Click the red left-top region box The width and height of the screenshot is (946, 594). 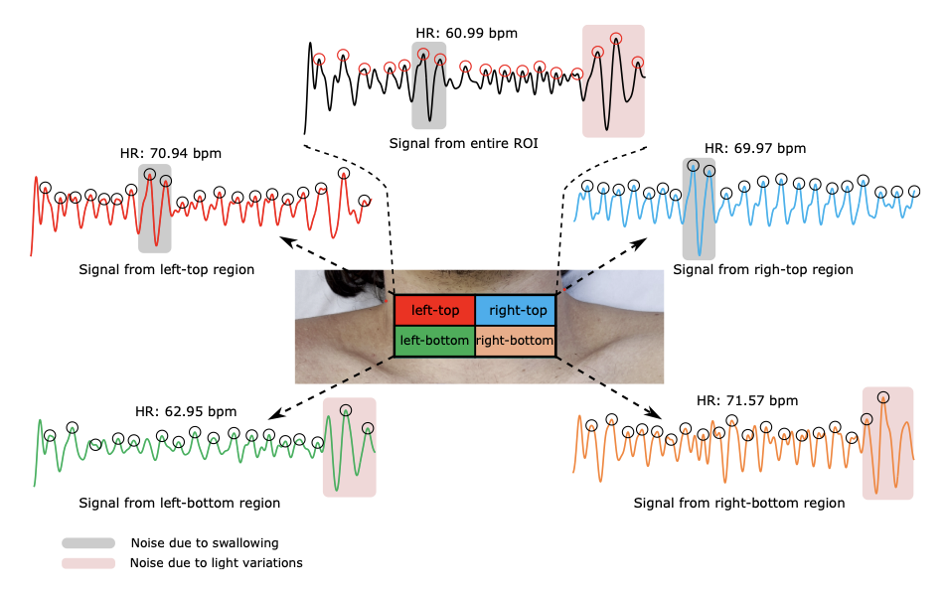pos(434,311)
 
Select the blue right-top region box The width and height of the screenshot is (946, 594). pos(515,311)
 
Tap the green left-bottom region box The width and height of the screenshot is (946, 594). pos(434,341)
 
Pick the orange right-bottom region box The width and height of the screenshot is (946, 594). pos(515,341)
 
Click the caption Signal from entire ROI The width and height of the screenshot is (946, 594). pos(464,144)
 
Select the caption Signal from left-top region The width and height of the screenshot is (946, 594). pos(166,269)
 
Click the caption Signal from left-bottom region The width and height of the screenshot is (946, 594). pos(179,503)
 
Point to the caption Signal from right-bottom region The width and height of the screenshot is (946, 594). pos(739,503)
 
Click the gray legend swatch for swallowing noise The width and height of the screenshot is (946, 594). pos(88,543)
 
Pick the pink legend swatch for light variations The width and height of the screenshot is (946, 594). pos(88,563)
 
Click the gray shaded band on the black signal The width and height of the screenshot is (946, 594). pos(428,84)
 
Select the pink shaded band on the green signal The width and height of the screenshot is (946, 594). pos(349,447)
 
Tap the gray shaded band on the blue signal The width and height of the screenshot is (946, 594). pos(699,209)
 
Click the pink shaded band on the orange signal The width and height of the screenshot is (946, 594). pos(887,443)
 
